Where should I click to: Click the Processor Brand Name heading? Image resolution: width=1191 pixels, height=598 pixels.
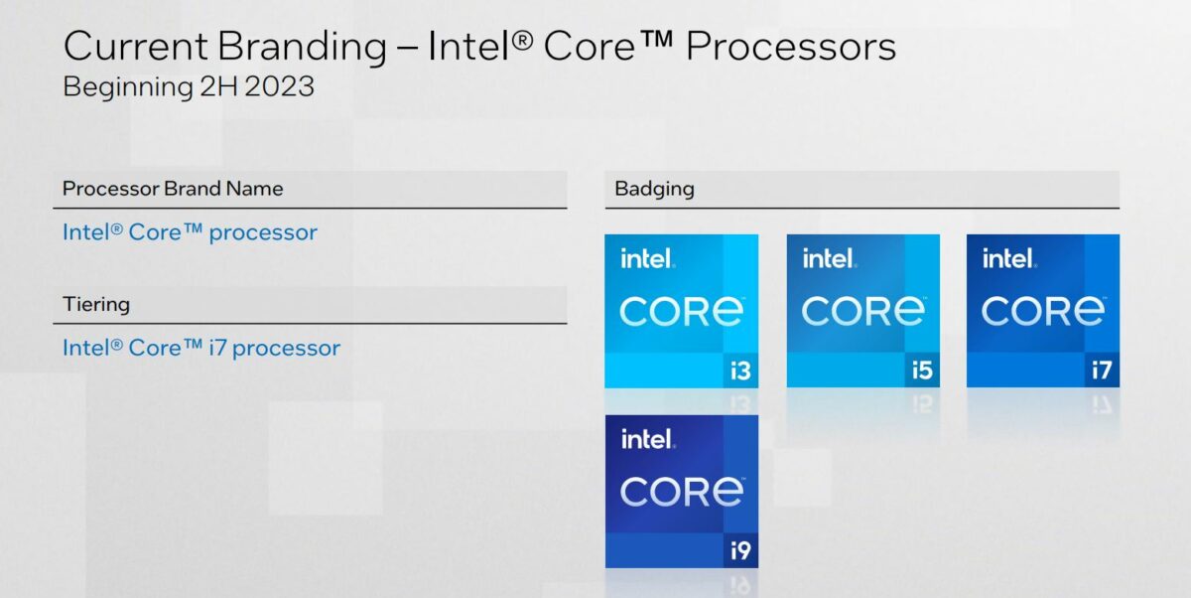click(x=173, y=189)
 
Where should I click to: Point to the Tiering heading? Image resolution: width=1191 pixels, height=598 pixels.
click(x=96, y=304)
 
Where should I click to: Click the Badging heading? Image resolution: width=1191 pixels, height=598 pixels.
click(x=655, y=189)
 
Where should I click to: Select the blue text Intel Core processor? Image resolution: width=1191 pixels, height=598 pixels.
click(x=190, y=232)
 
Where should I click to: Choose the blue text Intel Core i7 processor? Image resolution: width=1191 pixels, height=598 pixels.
click(x=201, y=348)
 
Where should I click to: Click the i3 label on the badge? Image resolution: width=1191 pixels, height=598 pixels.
click(x=740, y=372)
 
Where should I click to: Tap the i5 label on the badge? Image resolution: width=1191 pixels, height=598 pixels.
click(x=922, y=372)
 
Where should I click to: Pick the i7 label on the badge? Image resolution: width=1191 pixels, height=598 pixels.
click(x=1102, y=372)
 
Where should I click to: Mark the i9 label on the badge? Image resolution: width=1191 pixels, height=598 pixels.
click(x=740, y=550)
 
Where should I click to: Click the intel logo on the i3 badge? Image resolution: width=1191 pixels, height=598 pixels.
click(x=647, y=259)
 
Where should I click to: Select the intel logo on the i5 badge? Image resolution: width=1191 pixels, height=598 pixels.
click(x=829, y=259)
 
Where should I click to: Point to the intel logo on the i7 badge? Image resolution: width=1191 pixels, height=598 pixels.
click(x=1008, y=259)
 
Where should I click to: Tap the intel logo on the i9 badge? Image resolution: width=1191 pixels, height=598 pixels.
click(x=647, y=439)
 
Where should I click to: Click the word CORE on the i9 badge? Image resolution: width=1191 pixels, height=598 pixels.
click(x=682, y=492)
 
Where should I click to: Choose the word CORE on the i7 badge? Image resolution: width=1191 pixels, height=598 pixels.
click(x=1043, y=312)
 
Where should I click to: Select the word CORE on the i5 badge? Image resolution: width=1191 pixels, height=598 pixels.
click(x=863, y=312)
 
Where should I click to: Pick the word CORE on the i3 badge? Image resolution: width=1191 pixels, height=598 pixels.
click(x=682, y=312)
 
